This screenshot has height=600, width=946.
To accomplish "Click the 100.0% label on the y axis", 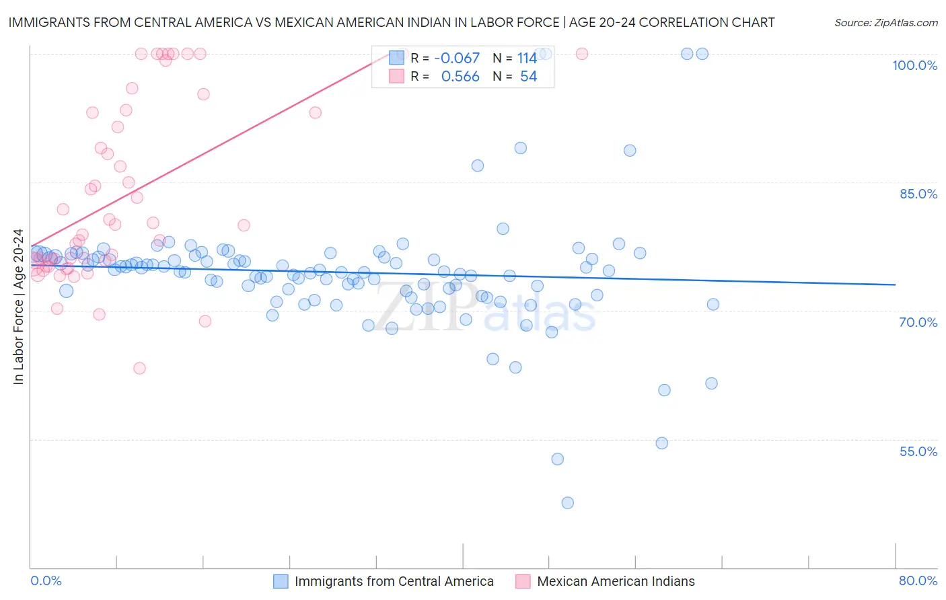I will [914, 65].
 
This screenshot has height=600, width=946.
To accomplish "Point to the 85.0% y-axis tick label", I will [918, 194].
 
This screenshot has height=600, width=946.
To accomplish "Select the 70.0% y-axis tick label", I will [918, 322].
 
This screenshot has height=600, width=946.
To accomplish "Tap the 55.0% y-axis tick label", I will [918, 451].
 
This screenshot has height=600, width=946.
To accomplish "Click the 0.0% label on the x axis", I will [46, 580].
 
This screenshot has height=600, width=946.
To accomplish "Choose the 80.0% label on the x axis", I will [918, 580].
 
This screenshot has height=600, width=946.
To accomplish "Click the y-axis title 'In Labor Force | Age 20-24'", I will [18, 307].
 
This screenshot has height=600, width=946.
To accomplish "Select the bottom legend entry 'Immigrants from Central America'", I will [394, 581].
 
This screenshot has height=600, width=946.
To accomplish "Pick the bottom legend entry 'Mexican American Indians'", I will [616, 581].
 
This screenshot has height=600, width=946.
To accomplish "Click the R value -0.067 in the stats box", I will [457, 59].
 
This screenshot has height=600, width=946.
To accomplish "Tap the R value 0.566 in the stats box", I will [460, 77].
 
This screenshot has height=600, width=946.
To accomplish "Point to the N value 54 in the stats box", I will [528, 77].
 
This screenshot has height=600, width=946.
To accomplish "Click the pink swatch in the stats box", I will [397, 76].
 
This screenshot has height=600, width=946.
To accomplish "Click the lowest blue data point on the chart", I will [567, 502].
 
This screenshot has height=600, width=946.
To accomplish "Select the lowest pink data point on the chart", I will [139, 368].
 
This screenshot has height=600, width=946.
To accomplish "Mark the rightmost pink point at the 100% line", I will [582, 54].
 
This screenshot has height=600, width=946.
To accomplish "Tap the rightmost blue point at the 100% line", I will [702, 54].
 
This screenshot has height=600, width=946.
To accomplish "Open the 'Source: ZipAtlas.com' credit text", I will [885, 23].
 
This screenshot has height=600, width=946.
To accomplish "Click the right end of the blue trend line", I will [895, 285].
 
